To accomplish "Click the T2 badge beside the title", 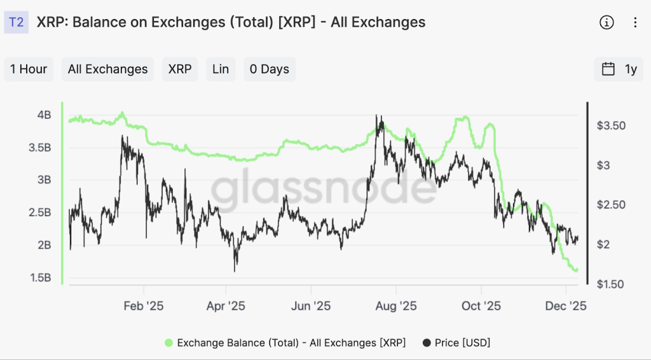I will click(x=17, y=22).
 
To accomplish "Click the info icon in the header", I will click(x=606, y=23).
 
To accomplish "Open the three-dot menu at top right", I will click(x=634, y=23).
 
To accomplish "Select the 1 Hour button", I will click(x=29, y=69).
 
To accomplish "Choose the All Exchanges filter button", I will click(x=107, y=69).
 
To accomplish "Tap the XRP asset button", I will click(x=180, y=69).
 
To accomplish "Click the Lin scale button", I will click(x=221, y=69).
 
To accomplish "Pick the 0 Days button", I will click(x=269, y=69).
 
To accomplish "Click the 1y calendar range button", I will click(x=619, y=69).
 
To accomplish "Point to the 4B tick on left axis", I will click(x=44, y=115).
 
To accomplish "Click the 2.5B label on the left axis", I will click(x=39, y=212).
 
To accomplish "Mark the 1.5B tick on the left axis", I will click(x=39, y=278).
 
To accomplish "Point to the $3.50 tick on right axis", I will click(x=611, y=126).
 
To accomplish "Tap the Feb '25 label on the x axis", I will click(x=143, y=306).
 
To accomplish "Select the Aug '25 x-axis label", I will click(x=396, y=306).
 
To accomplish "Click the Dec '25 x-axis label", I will click(x=566, y=306).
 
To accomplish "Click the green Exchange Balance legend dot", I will click(x=168, y=343).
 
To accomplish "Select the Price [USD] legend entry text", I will click(x=462, y=343).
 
